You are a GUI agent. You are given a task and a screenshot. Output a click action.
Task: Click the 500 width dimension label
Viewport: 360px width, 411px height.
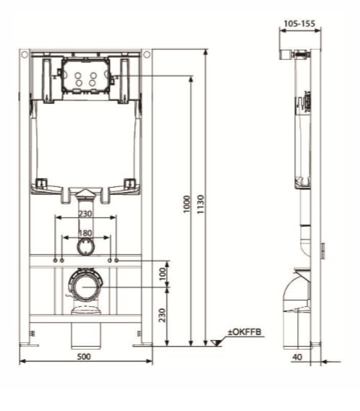pos(84,357)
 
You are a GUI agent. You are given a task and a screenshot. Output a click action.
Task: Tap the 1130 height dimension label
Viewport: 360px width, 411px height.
pos(201,204)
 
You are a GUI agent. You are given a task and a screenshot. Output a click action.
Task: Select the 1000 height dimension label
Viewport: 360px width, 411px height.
pos(187,204)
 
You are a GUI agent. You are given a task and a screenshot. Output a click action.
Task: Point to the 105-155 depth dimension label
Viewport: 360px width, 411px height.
pos(299,24)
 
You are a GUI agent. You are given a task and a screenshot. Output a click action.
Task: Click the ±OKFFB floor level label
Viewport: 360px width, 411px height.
pos(245,332)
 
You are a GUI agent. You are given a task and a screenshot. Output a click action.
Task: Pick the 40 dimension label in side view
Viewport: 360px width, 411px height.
pos(297,357)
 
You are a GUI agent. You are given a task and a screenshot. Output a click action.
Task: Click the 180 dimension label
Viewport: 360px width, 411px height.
pos(86,233)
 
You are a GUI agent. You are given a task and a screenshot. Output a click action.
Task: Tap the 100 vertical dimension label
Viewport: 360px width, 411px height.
pos(162,274)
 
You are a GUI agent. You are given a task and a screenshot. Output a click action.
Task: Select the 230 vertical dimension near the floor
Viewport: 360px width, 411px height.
pos(162,315)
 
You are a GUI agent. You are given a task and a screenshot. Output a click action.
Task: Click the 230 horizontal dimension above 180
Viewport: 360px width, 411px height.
pos(86,213)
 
